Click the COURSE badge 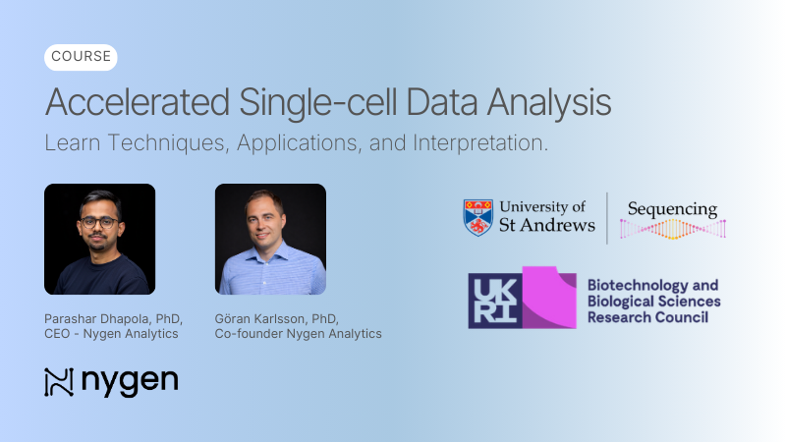click(81, 57)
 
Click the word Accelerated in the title click(134, 103)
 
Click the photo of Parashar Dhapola click(99, 239)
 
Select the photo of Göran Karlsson click(270, 239)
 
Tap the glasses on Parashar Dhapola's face click(98, 221)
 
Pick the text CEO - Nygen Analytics click(111, 334)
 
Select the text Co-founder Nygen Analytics click(298, 334)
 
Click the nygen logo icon click(59, 382)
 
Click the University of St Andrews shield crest click(477, 217)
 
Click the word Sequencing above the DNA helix click(672, 209)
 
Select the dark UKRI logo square click(495, 300)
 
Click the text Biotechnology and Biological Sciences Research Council click(652, 301)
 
